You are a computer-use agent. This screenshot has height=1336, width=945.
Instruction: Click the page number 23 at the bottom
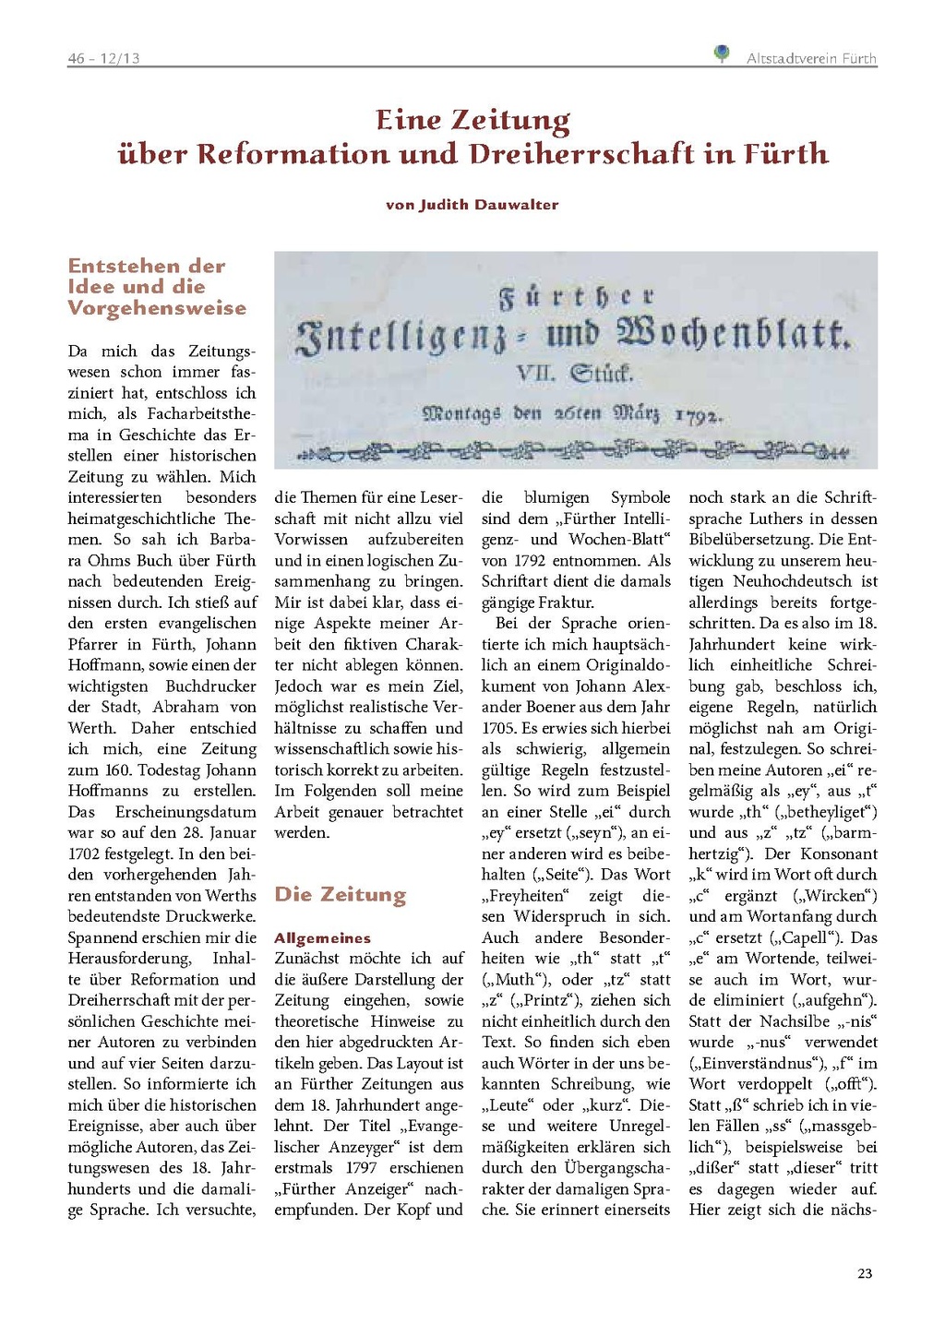(865, 1273)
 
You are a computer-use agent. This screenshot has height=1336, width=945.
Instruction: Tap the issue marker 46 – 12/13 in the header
(103, 58)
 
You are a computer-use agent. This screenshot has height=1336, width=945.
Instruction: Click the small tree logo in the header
(722, 54)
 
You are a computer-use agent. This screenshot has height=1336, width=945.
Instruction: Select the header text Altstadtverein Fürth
(811, 58)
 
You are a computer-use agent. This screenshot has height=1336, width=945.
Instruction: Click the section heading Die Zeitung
(340, 894)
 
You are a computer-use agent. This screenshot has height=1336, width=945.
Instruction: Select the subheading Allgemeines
(322, 937)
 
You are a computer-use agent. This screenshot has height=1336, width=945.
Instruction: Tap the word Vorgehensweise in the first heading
(157, 308)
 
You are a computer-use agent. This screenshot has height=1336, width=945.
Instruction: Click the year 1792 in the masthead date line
(697, 416)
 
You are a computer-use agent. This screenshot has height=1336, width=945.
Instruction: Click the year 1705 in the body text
(499, 728)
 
